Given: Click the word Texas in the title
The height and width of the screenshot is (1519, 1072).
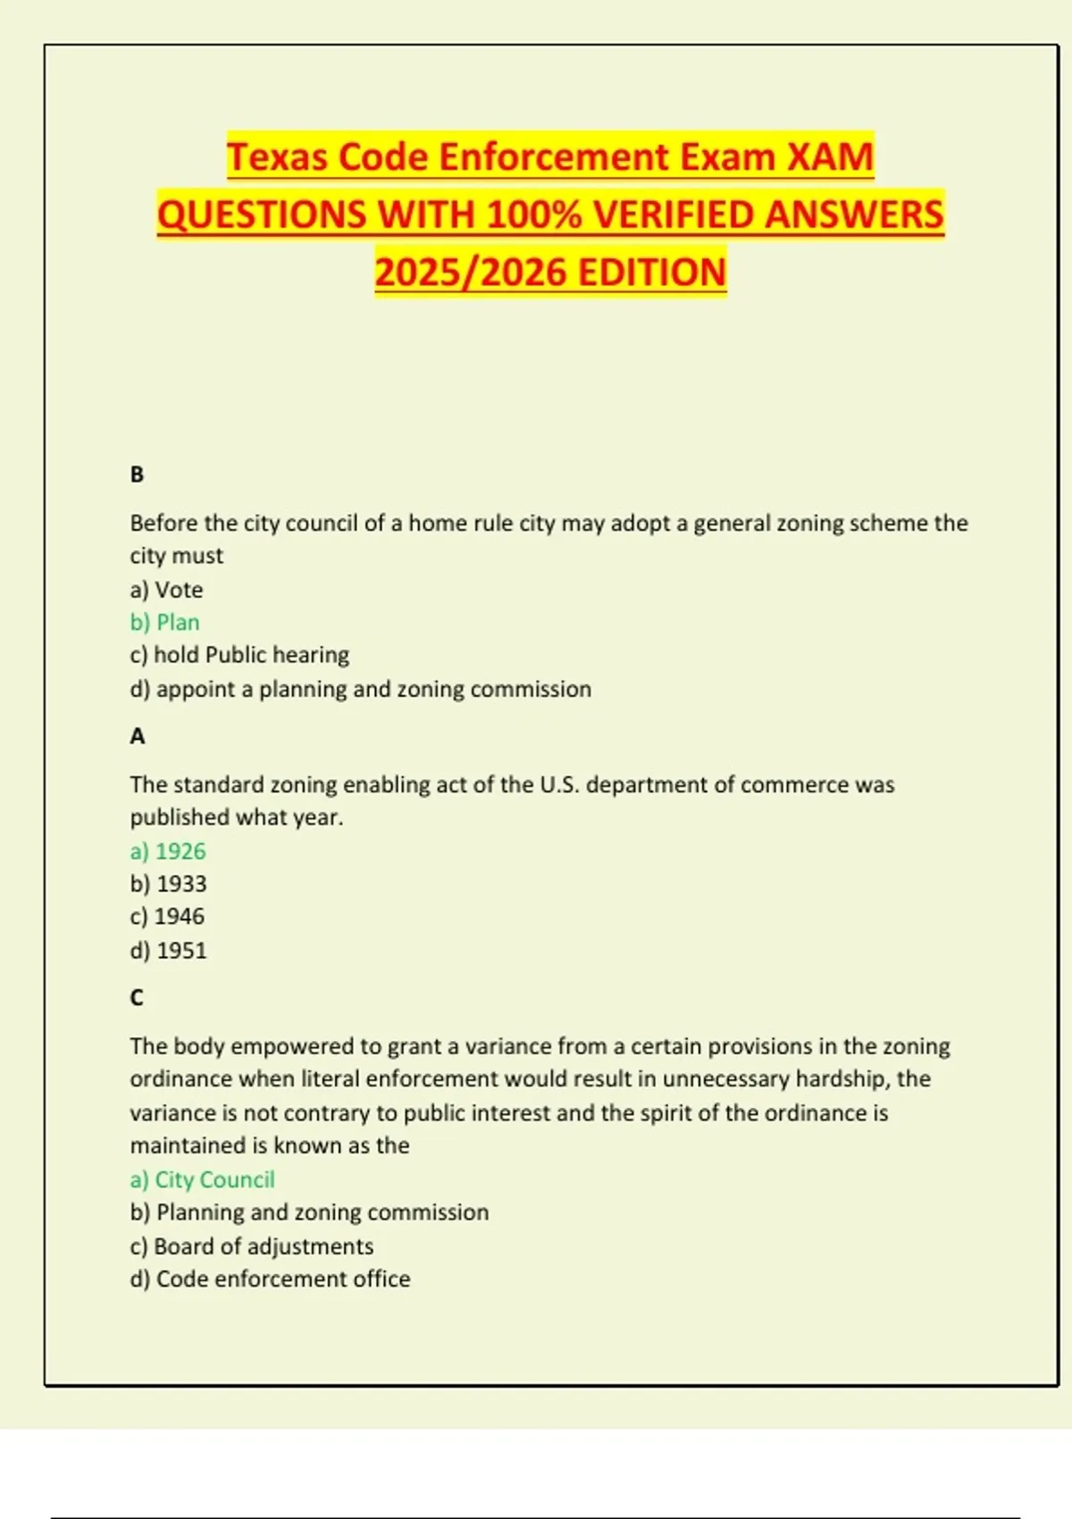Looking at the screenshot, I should pyautogui.click(x=278, y=157).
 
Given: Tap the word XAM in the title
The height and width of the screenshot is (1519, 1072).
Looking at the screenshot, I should pyautogui.click(x=829, y=157).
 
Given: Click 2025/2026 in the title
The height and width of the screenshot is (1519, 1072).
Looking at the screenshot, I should pyautogui.click(x=471, y=273).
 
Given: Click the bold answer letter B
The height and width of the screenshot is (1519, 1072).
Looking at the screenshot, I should pyautogui.click(x=137, y=474).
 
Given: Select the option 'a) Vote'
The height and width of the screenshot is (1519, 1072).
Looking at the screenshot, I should pyautogui.click(x=166, y=590).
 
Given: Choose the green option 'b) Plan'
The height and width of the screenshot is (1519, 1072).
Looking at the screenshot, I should pyautogui.click(x=165, y=623).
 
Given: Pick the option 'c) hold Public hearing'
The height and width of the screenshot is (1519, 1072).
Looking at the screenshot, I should pyautogui.click(x=239, y=655).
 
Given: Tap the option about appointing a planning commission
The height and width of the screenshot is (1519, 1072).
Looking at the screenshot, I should pyautogui.click(x=360, y=689).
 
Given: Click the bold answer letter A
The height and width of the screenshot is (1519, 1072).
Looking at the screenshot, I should pyautogui.click(x=137, y=736).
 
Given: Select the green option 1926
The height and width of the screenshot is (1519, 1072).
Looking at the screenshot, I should pyautogui.click(x=168, y=852).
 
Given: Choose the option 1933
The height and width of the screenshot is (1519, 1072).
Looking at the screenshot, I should pyautogui.click(x=168, y=884).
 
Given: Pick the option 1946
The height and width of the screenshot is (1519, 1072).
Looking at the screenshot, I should pyautogui.click(x=167, y=917).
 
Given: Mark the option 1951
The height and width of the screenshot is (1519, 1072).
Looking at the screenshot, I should pyautogui.click(x=168, y=951).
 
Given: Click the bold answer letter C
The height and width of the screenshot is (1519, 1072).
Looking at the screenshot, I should pyautogui.click(x=137, y=997).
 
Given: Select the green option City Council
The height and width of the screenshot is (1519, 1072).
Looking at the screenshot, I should pyautogui.click(x=203, y=1179).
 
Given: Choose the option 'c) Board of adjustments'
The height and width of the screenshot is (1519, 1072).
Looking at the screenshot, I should pyautogui.click(x=252, y=1246).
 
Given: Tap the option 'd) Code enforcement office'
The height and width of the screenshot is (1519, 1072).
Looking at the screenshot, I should pyautogui.click(x=270, y=1280).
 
